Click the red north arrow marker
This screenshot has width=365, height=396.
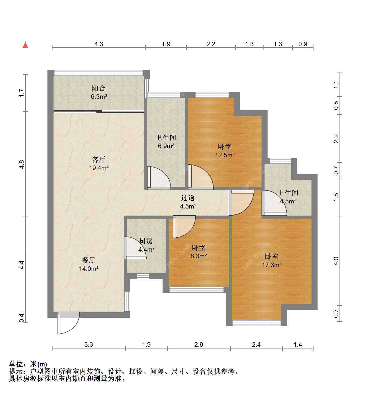pos(25,45)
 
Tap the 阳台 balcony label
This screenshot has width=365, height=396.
pos(98,88)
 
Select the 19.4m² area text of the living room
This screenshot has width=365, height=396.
pos(99,168)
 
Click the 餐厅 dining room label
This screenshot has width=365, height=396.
pos(89,260)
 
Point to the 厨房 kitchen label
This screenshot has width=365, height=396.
pos(146,241)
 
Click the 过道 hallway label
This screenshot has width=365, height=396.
pos(188,198)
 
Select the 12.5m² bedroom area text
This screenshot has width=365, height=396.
pos(225,155)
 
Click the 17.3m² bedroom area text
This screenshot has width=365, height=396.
pos(272,265)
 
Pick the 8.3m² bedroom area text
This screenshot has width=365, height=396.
pos(199,256)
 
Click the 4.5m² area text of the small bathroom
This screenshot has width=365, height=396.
pos(288,201)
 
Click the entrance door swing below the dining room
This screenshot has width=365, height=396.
pos(68,323)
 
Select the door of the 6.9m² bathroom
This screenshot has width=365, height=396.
pos(159,178)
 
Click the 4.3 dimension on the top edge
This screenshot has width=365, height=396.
pos(99,44)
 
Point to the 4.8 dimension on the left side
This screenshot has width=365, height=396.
pos(22,165)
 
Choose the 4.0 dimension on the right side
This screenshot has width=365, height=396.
pos(336,261)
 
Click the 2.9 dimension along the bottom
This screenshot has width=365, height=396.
pos(199,344)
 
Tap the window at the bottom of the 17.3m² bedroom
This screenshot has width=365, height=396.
pos(256,323)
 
